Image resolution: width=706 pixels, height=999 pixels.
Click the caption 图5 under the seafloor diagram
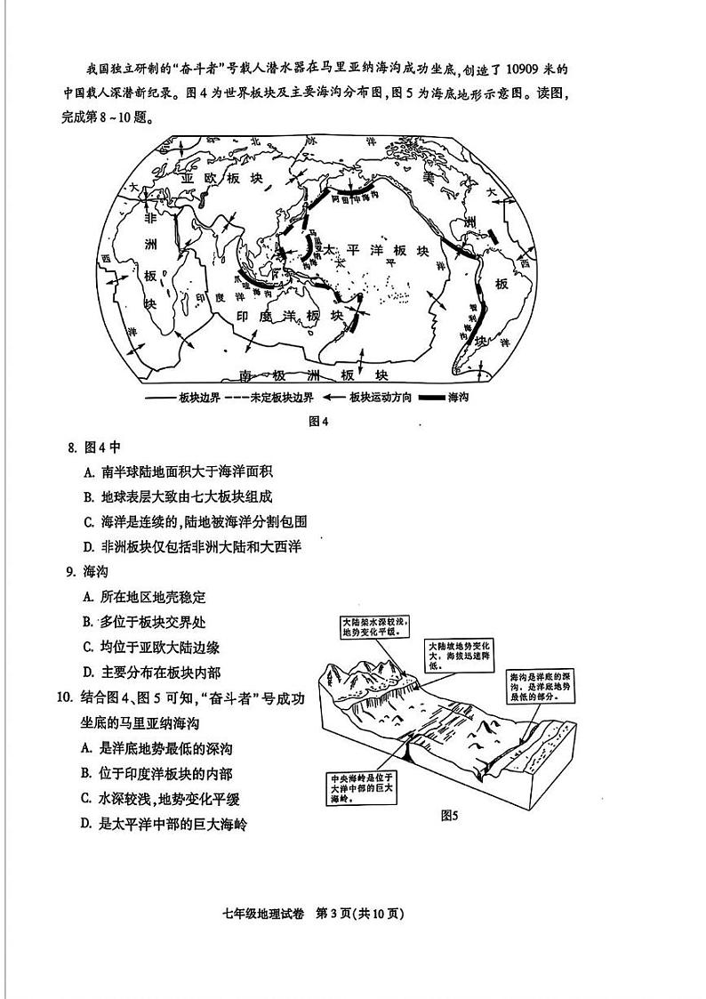pos(450,815)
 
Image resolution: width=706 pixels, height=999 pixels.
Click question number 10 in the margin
pos(63,698)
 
